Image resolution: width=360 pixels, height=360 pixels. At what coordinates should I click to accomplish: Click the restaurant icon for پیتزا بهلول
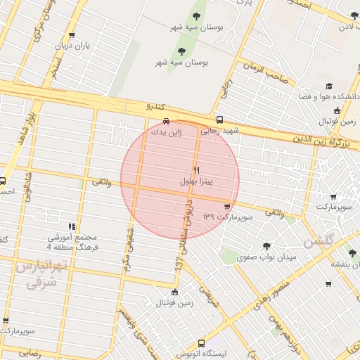196,170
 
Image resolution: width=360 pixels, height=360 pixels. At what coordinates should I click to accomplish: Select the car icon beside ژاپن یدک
167,120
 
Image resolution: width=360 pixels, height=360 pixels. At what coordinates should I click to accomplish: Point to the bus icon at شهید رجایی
220,120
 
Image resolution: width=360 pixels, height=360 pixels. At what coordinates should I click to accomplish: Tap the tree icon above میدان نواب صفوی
266,245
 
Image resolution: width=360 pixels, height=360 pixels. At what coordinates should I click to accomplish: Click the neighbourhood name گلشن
318,241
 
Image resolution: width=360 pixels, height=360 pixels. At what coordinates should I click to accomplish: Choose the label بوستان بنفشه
345,264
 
